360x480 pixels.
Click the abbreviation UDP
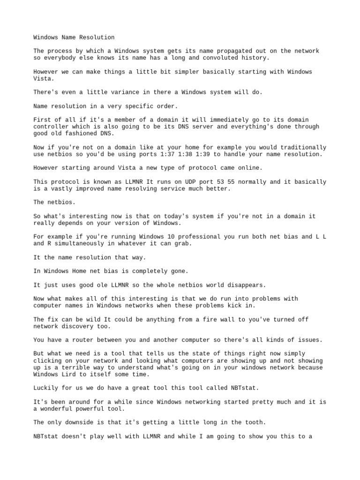[x=183, y=182]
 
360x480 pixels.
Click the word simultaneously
[x=77, y=244]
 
